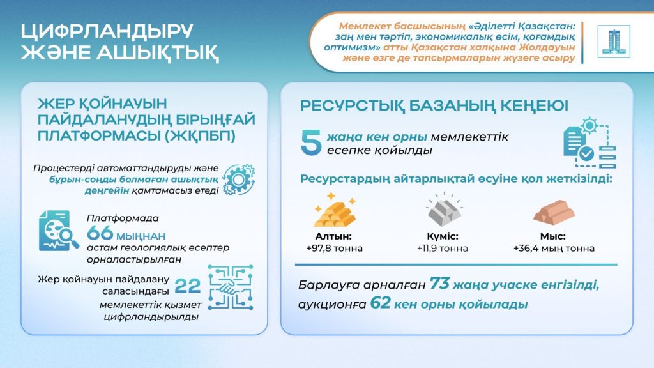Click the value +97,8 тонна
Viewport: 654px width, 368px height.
click(x=334, y=248)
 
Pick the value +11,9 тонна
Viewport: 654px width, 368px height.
click(x=442, y=248)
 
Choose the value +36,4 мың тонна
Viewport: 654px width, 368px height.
click(x=553, y=248)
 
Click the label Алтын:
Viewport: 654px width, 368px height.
click(x=334, y=236)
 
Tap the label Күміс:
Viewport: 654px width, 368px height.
click(x=442, y=236)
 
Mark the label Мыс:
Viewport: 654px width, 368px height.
click(x=553, y=236)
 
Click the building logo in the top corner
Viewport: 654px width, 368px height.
click(x=613, y=42)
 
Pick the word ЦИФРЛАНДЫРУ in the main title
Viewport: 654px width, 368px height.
click(x=107, y=33)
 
